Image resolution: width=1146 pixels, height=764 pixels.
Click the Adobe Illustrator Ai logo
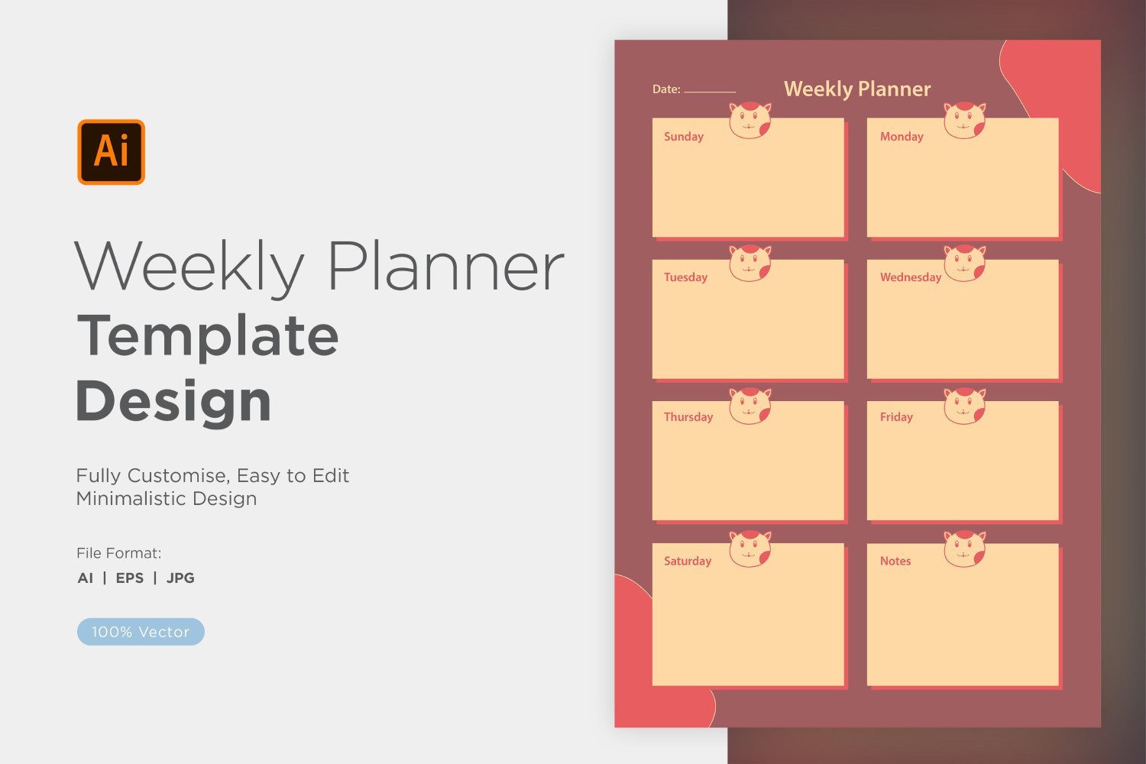tap(111, 152)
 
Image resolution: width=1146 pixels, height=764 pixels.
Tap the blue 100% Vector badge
tap(141, 632)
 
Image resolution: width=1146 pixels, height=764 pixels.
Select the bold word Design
tap(173, 403)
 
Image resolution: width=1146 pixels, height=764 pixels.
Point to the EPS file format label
tap(129, 578)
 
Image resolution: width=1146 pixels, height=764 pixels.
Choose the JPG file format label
tap(180, 578)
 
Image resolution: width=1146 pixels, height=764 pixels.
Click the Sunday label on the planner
tap(684, 137)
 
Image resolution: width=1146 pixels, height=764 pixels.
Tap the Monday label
tap(902, 137)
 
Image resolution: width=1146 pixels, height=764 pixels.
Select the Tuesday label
tap(685, 277)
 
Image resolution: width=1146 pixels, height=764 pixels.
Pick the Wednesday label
tap(911, 277)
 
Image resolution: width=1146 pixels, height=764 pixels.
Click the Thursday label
tap(688, 417)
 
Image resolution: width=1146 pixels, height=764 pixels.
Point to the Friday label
tap(896, 417)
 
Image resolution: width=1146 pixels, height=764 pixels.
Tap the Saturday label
tap(688, 561)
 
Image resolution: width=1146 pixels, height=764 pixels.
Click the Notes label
tap(895, 561)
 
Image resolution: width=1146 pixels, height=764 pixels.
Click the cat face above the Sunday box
tap(750, 120)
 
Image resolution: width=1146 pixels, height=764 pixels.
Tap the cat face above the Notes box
tap(964, 549)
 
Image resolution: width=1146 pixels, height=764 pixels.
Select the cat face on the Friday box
tap(964, 406)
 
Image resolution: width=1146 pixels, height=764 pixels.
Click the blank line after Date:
tap(710, 92)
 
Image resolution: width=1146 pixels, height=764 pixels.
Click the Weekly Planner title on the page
tap(857, 89)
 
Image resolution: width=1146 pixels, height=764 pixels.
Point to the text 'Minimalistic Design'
tap(167, 498)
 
